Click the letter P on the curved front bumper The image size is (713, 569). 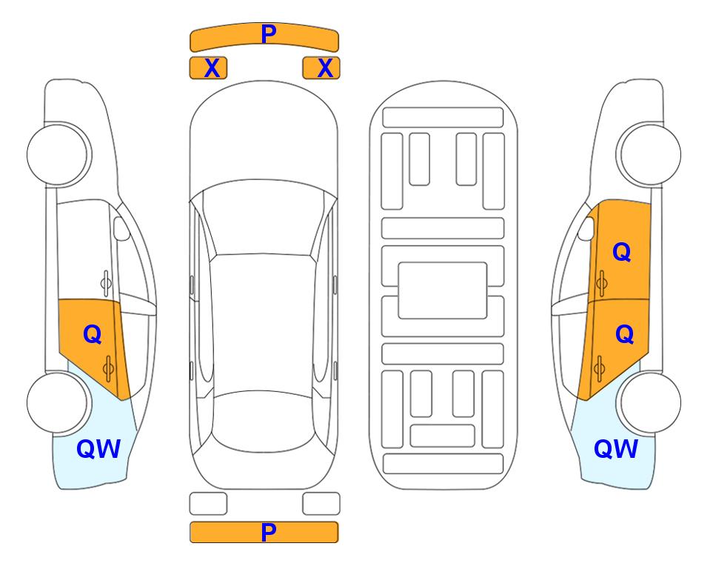click(x=269, y=33)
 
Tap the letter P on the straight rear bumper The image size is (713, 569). click(x=269, y=532)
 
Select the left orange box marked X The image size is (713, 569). click(x=208, y=68)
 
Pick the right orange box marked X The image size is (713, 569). click(x=321, y=68)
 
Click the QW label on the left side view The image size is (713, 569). click(x=98, y=449)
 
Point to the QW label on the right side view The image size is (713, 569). click(x=616, y=449)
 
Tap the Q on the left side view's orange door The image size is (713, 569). click(x=93, y=335)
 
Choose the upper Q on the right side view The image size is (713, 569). click(x=622, y=252)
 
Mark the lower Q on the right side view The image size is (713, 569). click(x=624, y=335)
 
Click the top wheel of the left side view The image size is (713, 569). click(x=58, y=155)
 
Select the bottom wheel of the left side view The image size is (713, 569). click(x=58, y=402)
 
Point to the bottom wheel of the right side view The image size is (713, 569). click(x=650, y=402)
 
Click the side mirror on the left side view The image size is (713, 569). click(x=121, y=228)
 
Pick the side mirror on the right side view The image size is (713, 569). click(x=586, y=228)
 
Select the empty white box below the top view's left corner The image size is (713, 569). click(x=208, y=504)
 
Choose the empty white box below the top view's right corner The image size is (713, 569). click(x=321, y=504)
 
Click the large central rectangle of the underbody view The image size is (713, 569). click(x=443, y=290)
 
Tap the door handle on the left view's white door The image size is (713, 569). click(x=106, y=283)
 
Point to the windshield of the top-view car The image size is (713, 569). click(x=264, y=219)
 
